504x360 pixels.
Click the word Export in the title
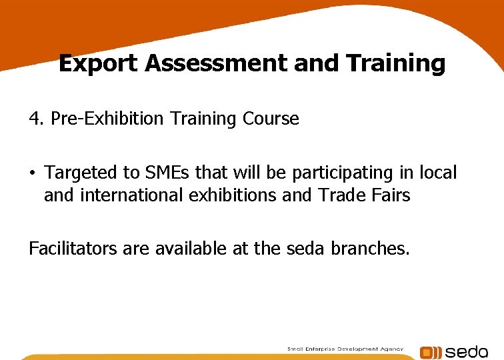(x=99, y=63)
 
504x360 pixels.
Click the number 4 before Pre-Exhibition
(x=34, y=119)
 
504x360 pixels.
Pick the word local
(x=438, y=173)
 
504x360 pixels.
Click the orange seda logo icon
(x=430, y=352)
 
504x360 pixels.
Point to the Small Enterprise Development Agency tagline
(x=345, y=349)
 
